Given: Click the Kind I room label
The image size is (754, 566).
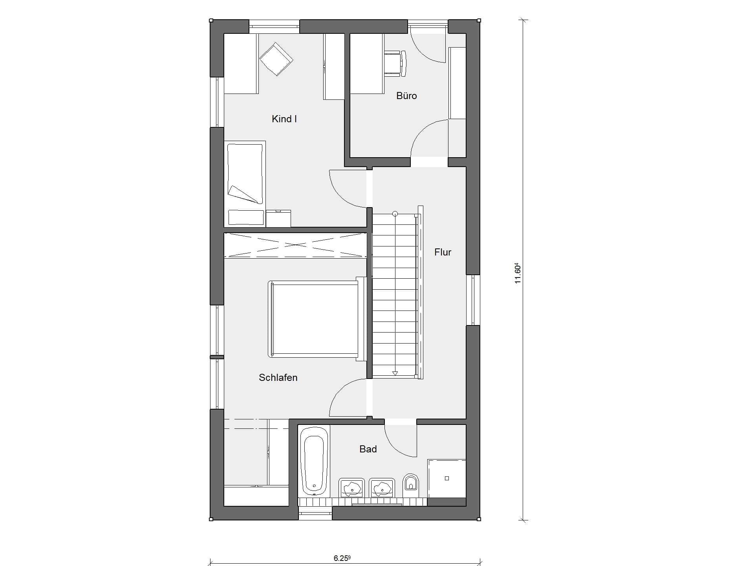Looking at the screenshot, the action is [x=284, y=119].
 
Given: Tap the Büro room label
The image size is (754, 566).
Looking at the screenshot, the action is [x=406, y=96].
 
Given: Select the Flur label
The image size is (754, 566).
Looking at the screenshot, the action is [x=443, y=252].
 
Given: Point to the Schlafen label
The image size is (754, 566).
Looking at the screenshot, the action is [x=278, y=377].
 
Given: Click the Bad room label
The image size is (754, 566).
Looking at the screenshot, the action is [x=368, y=449].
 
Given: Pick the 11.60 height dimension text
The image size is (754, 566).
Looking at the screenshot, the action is [x=518, y=273].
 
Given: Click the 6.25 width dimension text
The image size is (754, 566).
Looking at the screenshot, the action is [x=342, y=558].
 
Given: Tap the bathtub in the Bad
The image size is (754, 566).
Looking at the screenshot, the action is [x=314, y=461].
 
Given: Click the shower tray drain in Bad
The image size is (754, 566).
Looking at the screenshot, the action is [x=447, y=478].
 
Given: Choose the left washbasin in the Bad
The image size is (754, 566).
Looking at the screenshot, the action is [x=351, y=488].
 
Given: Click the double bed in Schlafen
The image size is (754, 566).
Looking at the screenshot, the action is [x=317, y=319].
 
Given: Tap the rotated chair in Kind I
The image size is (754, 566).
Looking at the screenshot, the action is [x=276, y=59].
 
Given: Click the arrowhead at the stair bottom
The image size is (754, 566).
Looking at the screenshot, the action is [x=395, y=373].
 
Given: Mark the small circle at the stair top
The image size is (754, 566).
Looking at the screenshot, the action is [x=395, y=214].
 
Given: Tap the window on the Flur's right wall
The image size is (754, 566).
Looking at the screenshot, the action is [x=473, y=300].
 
